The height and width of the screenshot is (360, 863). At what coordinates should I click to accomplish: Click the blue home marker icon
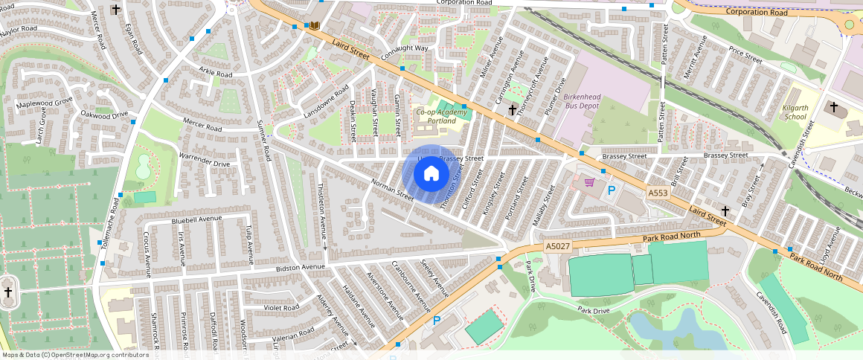431,174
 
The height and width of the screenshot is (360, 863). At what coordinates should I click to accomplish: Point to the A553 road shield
658,193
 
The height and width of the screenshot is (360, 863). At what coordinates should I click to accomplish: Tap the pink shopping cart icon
590,182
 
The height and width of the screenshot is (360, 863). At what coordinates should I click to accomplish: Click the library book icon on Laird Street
315,27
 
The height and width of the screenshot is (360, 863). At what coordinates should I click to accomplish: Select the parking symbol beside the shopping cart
612,191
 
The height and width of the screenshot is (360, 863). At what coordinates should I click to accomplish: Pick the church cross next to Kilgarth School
834,109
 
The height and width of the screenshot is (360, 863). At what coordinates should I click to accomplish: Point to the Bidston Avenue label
301,267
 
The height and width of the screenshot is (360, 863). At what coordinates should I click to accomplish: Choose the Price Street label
745,55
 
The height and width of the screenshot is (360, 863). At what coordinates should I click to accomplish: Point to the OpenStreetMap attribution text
74,355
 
